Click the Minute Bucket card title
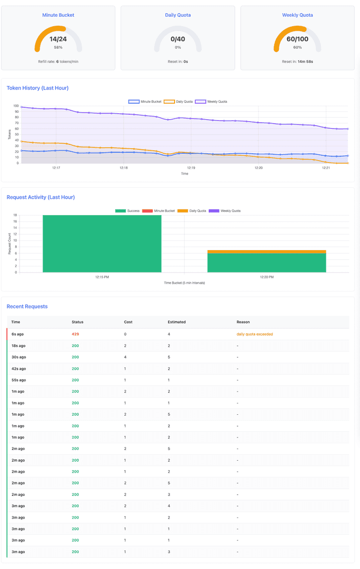click(58, 15)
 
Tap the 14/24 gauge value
click(58, 39)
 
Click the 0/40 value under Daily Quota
click(178, 39)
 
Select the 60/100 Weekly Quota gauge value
click(298, 39)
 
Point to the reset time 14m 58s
click(305, 62)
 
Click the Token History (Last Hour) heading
click(38, 88)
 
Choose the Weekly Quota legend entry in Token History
click(211, 101)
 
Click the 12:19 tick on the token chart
click(191, 168)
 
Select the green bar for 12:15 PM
click(102, 243)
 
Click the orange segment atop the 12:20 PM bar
click(267, 252)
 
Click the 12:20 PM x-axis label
click(267, 277)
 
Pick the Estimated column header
click(177, 322)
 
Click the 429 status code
click(75, 334)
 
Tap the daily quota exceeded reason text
click(255, 334)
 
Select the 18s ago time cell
click(18, 346)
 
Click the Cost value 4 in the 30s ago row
click(125, 357)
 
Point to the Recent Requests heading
click(27, 306)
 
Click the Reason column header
click(243, 322)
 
